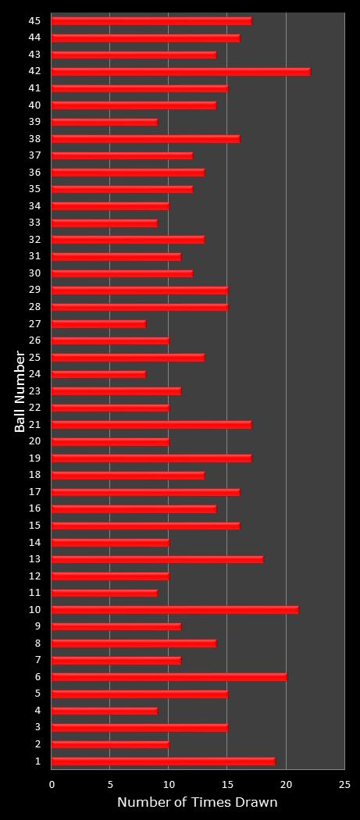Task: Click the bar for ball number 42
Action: (x=180, y=71)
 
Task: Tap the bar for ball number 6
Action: (x=169, y=676)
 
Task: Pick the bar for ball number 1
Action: (x=163, y=761)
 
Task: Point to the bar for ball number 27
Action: (x=98, y=323)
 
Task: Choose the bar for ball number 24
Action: (x=98, y=374)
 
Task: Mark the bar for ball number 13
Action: (x=157, y=559)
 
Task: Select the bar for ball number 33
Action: (x=105, y=223)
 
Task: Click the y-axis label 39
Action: (x=35, y=122)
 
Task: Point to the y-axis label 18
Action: (x=35, y=475)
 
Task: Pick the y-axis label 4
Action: (x=38, y=711)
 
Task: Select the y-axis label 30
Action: (x=35, y=273)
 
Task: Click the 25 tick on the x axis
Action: (x=344, y=785)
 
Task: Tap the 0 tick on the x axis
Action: (x=52, y=785)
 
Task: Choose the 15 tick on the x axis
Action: (x=227, y=785)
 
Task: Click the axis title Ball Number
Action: (x=20, y=390)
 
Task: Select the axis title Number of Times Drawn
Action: (x=197, y=803)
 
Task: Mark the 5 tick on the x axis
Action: (x=110, y=785)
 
